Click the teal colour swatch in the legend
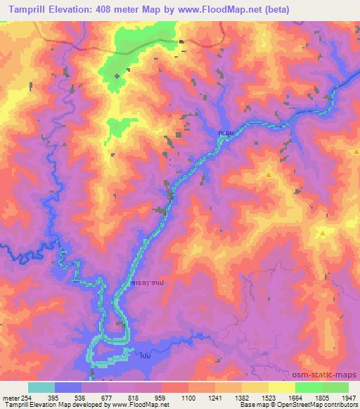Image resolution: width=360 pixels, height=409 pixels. [x=41, y=387]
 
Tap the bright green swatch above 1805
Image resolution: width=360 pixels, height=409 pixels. [x=309, y=387]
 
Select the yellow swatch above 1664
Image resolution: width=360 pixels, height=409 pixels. [x=282, y=387]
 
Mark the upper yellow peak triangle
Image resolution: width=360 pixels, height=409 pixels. [x=268, y=173]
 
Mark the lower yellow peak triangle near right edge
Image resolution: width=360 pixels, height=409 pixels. [x=322, y=232]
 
